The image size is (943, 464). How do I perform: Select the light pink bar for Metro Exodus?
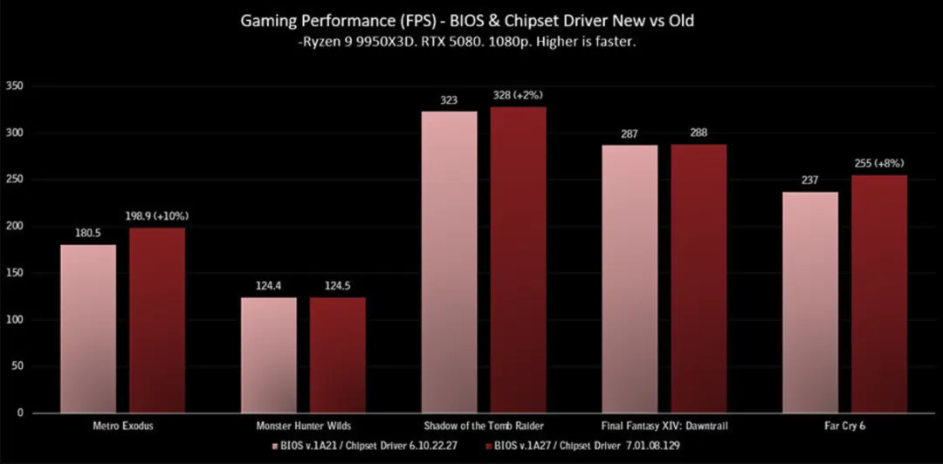[x=88, y=329]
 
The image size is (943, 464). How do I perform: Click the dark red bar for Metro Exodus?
[x=157, y=320]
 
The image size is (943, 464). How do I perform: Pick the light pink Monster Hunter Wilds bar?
[x=268, y=355]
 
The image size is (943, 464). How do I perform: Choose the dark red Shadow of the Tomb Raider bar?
[x=518, y=260]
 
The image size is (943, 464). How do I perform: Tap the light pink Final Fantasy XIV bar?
[x=630, y=279]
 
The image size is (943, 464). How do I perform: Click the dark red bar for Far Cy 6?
[x=879, y=294]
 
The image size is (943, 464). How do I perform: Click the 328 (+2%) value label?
[x=519, y=94]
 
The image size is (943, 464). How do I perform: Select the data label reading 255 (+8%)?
[x=879, y=163]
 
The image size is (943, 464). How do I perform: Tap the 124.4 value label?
[x=268, y=285]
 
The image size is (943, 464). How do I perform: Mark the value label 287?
[x=630, y=133]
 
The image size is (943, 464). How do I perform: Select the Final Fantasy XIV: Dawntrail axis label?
[x=664, y=426]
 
